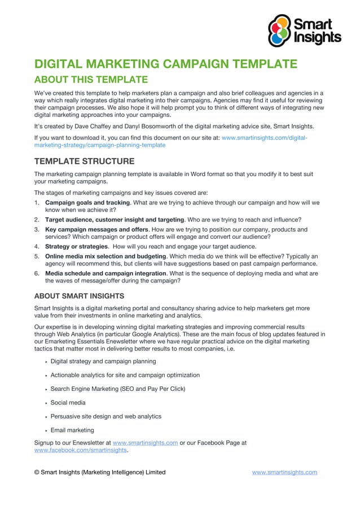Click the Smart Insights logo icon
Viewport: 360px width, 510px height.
click(280, 30)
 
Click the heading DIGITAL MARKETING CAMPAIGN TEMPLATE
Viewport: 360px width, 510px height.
click(165, 63)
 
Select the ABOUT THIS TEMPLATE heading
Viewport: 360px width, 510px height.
click(91, 79)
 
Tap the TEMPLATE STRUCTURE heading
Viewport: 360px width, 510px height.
click(84, 162)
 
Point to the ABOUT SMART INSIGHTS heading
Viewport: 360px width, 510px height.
click(79, 295)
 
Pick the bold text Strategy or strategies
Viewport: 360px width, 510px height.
click(76, 247)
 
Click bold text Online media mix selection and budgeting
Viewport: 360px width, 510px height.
click(104, 256)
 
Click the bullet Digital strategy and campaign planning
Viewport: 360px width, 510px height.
click(103, 361)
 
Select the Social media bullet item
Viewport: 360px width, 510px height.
click(68, 403)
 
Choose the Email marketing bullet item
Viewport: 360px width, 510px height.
click(72, 430)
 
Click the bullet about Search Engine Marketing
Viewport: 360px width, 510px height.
click(118, 389)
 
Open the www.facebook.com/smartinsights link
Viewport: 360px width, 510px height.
click(81, 451)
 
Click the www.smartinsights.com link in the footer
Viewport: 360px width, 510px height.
click(284, 472)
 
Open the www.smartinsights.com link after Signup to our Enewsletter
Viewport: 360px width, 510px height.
click(146, 443)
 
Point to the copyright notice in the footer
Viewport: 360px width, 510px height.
click(100, 472)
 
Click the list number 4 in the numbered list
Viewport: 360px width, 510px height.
click(37, 247)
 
